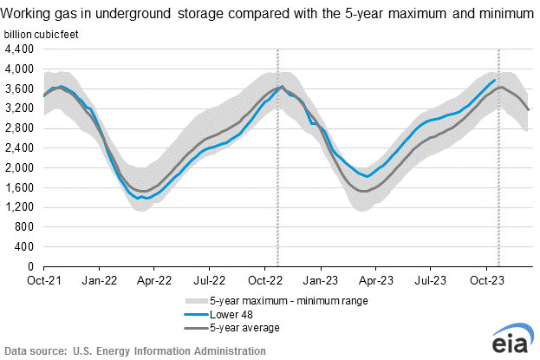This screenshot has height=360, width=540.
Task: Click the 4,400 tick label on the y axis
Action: coord(20,49)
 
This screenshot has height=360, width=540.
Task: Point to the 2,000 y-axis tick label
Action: coord(20,168)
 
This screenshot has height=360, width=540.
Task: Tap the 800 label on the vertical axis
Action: coord(24,227)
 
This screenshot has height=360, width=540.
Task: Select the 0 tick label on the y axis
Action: coord(31,266)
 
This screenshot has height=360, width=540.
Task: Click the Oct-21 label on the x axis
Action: coord(44,280)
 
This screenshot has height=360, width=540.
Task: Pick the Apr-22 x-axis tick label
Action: coord(154,280)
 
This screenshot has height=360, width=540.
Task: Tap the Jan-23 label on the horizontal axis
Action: coord(321,280)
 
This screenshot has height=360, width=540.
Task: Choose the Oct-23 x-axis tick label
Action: coord(487,280)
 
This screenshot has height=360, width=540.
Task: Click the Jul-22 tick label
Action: coord(210,280)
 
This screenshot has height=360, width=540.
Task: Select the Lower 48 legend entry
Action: coord(218,315)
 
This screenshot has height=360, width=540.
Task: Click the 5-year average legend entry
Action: coord(231,328)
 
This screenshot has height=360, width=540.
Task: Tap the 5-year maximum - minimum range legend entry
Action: coord(277,301)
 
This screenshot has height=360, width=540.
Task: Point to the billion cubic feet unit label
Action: coord(41,35)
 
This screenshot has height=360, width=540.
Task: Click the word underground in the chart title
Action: coord(133,14)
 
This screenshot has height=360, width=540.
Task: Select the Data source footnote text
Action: coord(135,351)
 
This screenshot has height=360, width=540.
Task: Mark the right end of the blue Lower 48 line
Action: coord(495,80)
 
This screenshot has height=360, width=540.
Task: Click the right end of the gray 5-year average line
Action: coord(529,110)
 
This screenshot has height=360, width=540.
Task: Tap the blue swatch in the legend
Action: coord(196,315)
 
